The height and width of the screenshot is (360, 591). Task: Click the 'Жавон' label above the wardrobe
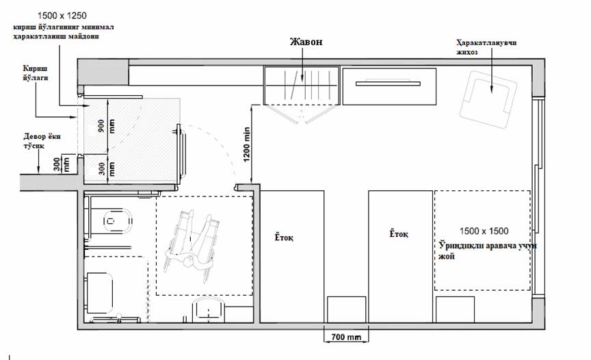pos(306,42)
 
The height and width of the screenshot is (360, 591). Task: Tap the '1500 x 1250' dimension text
pos(62,16)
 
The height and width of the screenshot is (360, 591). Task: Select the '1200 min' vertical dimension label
pos(246,144)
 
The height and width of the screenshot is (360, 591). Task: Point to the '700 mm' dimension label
pos(345,337)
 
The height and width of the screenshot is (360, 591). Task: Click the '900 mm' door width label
pos(106,127)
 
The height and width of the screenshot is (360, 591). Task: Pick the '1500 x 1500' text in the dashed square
pos(484,231)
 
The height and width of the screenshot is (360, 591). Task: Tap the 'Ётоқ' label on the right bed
pos(398,233)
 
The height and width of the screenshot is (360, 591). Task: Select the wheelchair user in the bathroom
pos(192,240)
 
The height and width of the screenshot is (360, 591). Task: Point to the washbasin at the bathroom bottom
pos(209,310)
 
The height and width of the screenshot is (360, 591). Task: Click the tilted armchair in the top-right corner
pos(488,99)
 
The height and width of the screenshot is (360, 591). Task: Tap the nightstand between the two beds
pos(346,309)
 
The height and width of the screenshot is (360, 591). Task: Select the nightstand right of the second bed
pos(455,309)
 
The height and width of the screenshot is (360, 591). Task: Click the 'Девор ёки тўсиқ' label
pos(42,140)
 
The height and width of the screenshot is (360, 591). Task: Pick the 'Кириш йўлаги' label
pos(36,73)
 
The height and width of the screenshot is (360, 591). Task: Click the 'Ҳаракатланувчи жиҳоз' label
pos(486,47)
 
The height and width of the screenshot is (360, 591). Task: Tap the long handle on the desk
pos(388,83)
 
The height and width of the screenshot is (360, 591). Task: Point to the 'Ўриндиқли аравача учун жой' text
pos(487,251)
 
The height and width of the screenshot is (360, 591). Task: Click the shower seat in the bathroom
pos(99,294)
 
